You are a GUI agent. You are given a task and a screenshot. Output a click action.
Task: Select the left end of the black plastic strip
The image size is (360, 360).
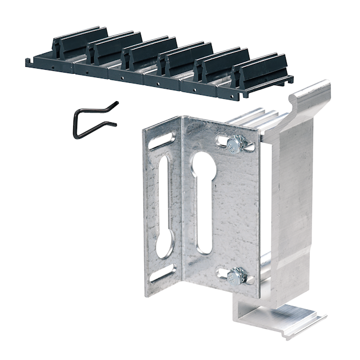(x=29, y=61)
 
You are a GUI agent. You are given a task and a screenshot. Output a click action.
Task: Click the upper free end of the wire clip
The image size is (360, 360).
(x=116, y=103)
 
